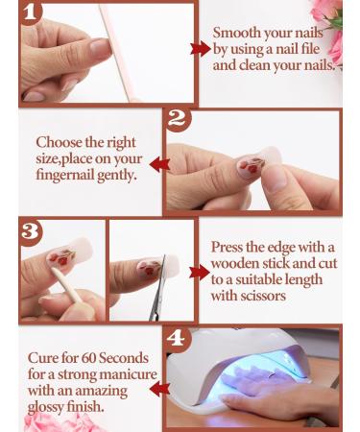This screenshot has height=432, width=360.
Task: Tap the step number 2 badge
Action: tap(176, 119)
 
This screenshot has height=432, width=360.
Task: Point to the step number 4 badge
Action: tap(176, 339)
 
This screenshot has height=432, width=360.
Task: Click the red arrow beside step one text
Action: tap(201, 48)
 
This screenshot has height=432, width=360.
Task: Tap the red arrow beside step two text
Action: tap(158, 164)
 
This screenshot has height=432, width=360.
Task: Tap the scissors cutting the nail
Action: tap(158, 288)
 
